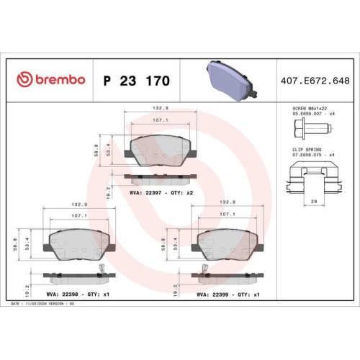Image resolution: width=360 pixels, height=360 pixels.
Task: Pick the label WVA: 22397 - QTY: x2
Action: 161,194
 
